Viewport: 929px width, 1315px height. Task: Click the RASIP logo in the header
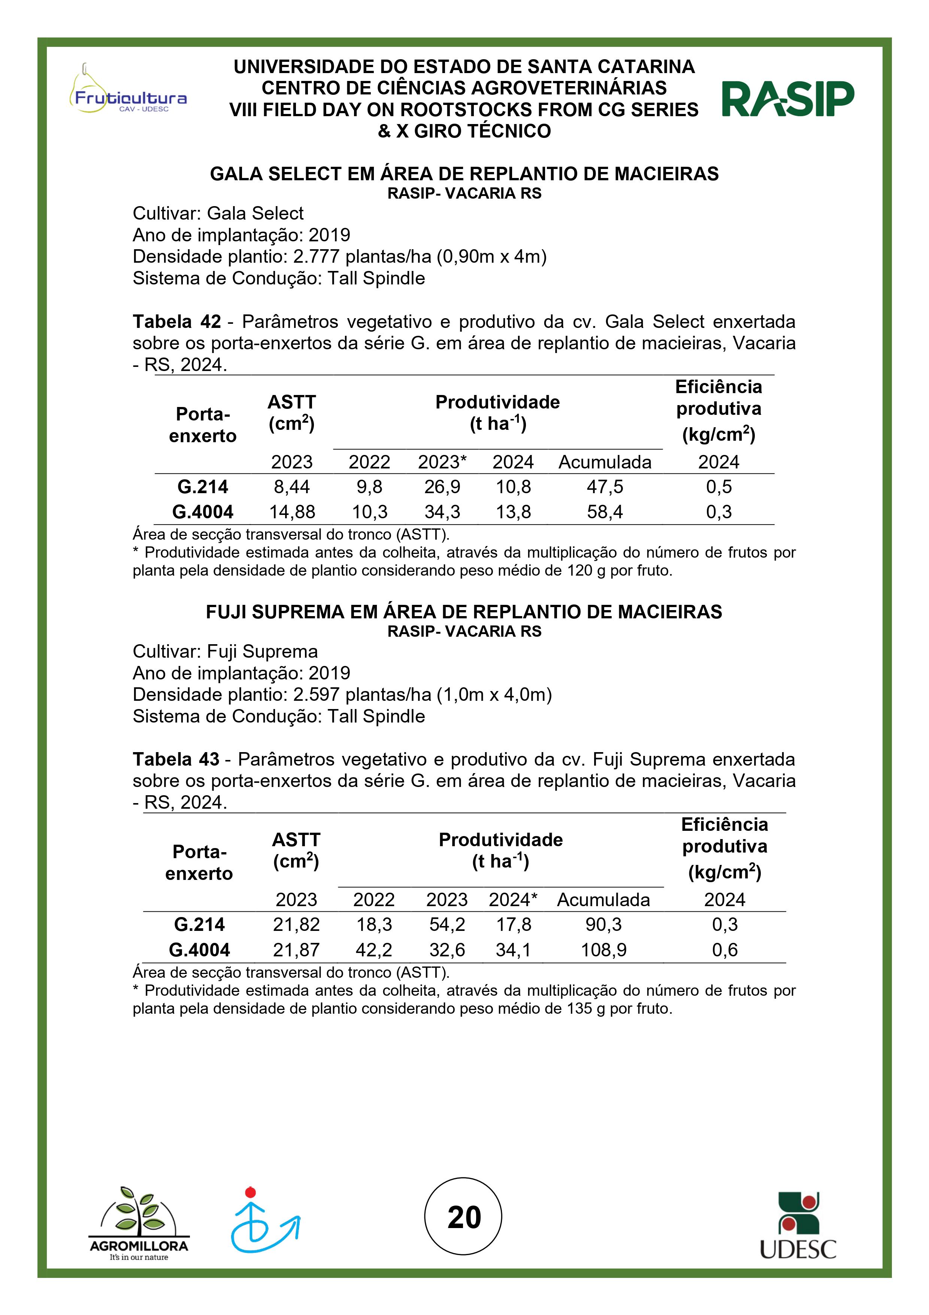click(788, 99)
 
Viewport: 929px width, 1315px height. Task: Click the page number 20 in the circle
click(464, 1217)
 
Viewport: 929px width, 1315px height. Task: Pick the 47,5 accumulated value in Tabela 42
click(605, 487)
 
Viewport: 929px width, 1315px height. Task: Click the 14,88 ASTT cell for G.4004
click(292, 512)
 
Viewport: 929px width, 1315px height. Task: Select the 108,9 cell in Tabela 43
click(603, 950)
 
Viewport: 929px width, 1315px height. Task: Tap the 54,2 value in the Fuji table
click(447, 925)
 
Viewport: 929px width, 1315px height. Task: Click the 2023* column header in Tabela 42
click(442, 462)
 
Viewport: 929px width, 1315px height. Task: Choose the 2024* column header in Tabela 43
click(513, 900)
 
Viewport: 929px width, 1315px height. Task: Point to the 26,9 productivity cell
click(442, 487)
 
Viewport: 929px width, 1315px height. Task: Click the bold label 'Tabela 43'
click(176, 760)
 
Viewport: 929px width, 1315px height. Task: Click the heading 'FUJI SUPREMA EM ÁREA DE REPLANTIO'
click(464, 612)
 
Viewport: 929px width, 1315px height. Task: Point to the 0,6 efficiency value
click(724, 950)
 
